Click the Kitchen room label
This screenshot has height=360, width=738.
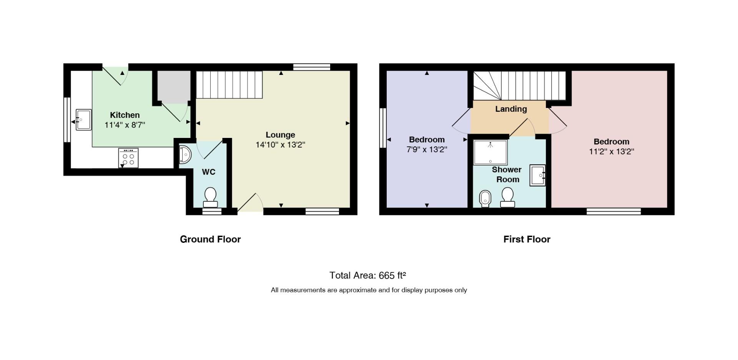pos(125,115)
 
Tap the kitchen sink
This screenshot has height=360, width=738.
pos(83,119)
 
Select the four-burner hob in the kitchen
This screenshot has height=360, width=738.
pos(128,158)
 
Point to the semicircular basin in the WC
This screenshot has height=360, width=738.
pos(185,154)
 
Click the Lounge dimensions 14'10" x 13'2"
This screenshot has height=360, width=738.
pos(280,145)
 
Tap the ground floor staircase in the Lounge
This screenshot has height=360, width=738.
pos(229,85)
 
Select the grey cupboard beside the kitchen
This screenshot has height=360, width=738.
pos(174,87)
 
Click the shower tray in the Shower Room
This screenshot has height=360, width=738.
pos(490,152)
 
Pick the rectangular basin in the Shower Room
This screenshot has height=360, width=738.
pos(538,176)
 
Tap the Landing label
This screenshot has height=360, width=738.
pos(511,109)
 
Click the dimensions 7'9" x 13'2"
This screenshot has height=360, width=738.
pos(427,149)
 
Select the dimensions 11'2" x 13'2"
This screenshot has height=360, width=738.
pos(611,151)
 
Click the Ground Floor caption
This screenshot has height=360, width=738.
pos(210,239)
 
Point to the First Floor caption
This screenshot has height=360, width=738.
pos(527,239)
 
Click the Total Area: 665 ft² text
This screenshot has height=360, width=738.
pos(368,275)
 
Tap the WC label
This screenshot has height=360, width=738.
pos(209,172)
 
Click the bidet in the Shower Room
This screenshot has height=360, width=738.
pos(485,199)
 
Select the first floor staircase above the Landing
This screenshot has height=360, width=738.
pos(519,86)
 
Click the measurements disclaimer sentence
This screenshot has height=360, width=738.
pos(369,290)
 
